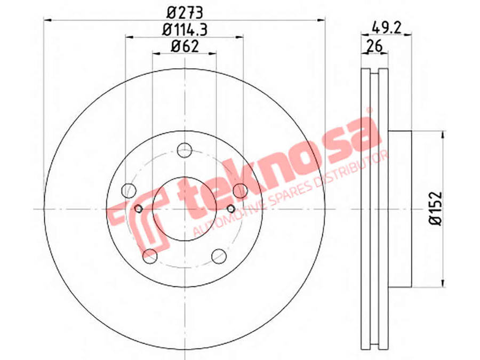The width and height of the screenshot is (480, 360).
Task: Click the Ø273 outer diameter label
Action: point(185,13)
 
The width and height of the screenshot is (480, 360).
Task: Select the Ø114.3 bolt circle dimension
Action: point(185,30)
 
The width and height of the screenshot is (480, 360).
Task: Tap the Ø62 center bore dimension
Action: point(185,46)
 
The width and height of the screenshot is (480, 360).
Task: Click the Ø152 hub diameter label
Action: point(436,209)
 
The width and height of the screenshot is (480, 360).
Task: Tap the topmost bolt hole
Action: point(185,150)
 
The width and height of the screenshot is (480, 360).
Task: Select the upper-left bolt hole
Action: point(129,191)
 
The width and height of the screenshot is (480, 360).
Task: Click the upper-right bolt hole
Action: point(241,191)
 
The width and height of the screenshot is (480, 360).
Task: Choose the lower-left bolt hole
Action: point(150,256)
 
